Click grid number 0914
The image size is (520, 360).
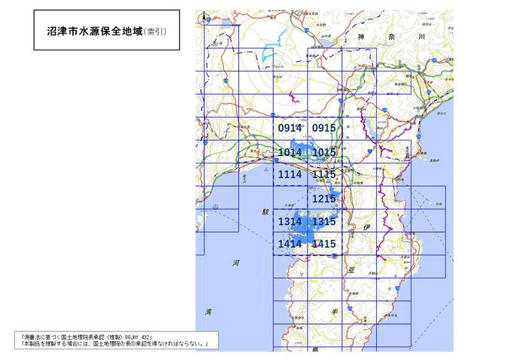[x=289, y=128]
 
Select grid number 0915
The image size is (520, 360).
[x=323, y=128]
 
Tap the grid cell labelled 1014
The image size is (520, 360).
[x=289, y=152]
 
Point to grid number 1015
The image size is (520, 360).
[x=323, y=152]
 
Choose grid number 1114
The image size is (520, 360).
[x=289, y=174]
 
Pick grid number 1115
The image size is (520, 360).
[x=323, y=174]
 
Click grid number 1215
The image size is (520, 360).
[x=323, y=198]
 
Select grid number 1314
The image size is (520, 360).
[x=289, y=221]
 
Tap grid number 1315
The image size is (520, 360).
[x=323, y=221]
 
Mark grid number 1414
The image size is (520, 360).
[x=289, y=244]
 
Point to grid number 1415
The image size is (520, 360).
[x=323, y=244]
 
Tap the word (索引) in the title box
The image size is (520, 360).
[x=156, y=30]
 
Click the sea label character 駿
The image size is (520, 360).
[x=265, y=213]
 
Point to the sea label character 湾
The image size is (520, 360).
[x=208, y=310]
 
